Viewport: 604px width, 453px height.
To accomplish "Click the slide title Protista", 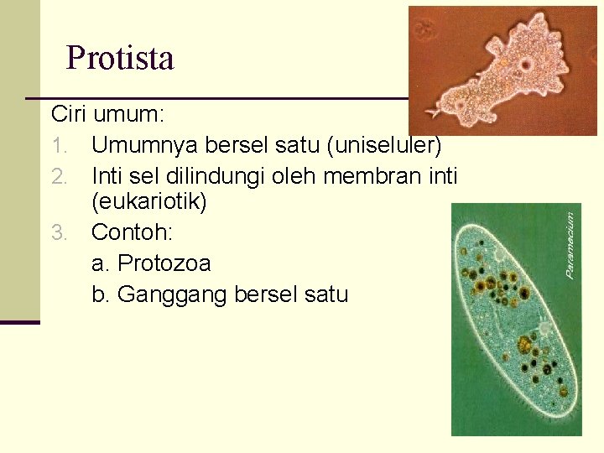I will [x=120, y=58].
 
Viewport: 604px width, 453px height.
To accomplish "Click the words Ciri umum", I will [x=91, y=113].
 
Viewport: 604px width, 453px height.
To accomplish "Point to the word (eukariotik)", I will [x=148, y=202].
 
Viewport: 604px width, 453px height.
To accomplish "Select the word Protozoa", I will [x=164, y=263].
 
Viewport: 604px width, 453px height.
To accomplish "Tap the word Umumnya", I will [x=138, y=146].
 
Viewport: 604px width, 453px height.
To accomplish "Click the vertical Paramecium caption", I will [x=570, y=244].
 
